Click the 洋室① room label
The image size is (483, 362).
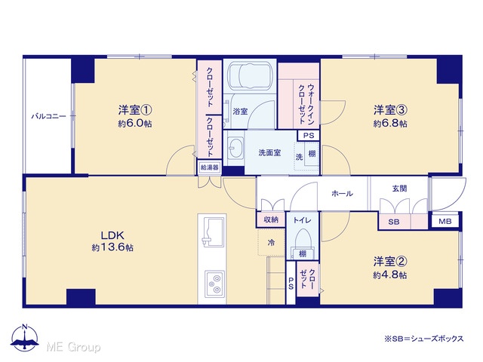pos(135,109)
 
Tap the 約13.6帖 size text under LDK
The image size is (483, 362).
pos(112,247)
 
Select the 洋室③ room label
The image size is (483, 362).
pos(390,109)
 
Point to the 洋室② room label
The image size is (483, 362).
pos(390,262)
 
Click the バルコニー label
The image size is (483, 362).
pos(48,117)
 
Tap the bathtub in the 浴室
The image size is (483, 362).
pos(250,76)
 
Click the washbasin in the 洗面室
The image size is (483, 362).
pos(235,148)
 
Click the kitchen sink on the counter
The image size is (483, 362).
pos(213,232)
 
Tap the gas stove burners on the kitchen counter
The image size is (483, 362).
pos(214,284)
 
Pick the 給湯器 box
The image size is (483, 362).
pos(210,167)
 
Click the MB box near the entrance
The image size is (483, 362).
pos(445,221)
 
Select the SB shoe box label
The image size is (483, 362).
pos(394,222)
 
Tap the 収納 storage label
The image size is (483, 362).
pos(271,219)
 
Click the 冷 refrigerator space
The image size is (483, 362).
pos(271,242)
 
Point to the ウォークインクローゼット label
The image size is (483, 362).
pos(306,104)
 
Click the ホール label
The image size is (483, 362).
pos(342,194)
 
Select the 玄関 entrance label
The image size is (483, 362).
pos(399,189)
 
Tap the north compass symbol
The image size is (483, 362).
pos(25,337)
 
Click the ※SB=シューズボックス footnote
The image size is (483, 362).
pos(423,339)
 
